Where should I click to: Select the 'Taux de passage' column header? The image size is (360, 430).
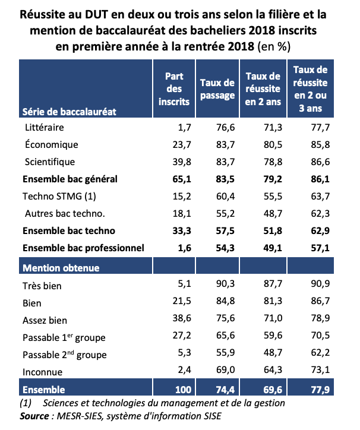click(x=218, y=90)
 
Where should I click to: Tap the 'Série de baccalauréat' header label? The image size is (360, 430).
click(x=69, y=110)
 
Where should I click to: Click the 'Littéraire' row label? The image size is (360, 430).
click(x=45, y=127)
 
